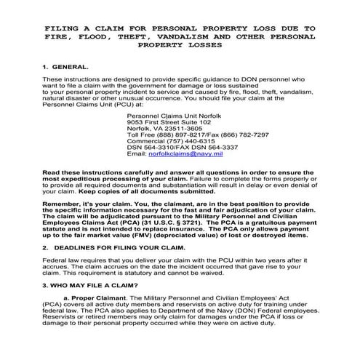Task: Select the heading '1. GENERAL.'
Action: coord(68,66)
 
